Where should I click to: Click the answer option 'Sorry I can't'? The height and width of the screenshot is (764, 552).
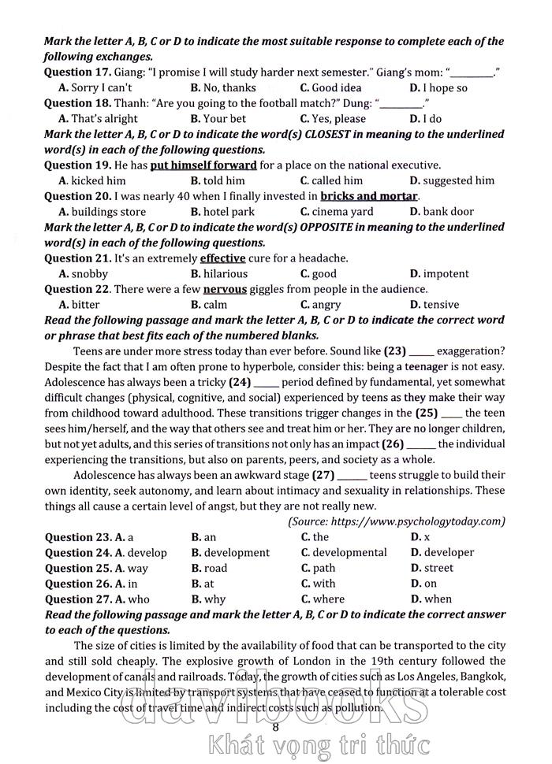tap(101, 88)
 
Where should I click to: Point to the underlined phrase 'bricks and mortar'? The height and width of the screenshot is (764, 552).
tap(370, 196)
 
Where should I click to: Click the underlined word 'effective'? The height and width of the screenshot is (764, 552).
tap(223, 258)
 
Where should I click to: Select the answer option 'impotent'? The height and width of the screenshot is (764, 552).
tap(446, 274)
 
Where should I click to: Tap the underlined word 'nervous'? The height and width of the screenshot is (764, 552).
tap(225, 289)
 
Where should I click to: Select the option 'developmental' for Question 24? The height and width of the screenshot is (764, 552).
tap(349, 553)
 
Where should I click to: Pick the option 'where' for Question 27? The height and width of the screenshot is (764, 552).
tap(328, 599)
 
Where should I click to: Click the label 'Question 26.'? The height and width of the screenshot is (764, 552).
tap(78, 584)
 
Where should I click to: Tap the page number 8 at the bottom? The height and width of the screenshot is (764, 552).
tap(275, 727)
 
